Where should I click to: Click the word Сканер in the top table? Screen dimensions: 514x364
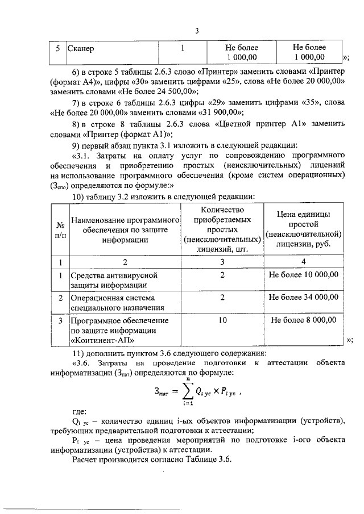click(81, 49)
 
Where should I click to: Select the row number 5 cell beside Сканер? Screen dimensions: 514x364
click(57, 49)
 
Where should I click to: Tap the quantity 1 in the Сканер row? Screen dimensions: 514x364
click(183, 48)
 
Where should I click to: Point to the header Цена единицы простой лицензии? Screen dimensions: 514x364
click(304, 229)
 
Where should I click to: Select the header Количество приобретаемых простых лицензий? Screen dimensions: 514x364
click(222, 229)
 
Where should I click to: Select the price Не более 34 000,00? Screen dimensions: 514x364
click(304, 297)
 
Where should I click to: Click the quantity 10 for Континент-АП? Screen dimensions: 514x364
click(222, 320)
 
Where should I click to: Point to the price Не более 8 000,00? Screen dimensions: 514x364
click(304, 320)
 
